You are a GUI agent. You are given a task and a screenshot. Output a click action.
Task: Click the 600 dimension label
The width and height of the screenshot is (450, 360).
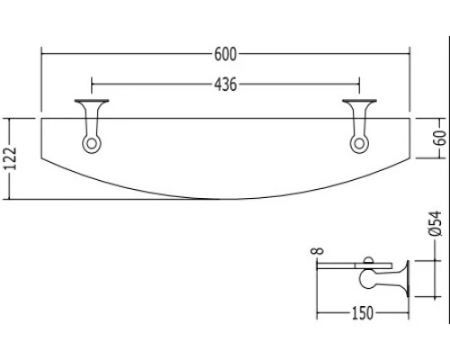pyautogui.click(x=225, y=54)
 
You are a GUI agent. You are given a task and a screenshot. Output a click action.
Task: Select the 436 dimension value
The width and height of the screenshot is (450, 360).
pyautogui.click(x=225, y=85)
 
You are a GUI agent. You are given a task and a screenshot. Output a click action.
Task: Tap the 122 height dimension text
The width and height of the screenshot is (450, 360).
pyautogui.click(x=12, y=159)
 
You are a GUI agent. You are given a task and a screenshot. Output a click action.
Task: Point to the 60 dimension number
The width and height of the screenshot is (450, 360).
pyautogui.click(x=440, y=138)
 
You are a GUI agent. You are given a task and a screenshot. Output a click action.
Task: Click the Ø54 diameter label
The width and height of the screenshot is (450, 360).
pyautogui.click(x=436, y=223)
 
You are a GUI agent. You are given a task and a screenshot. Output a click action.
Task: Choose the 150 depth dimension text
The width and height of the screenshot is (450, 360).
pyautogui.click(x=362, y=313)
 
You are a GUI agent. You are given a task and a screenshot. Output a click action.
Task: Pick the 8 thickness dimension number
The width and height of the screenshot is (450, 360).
pyautogui.click(x=319, y=250)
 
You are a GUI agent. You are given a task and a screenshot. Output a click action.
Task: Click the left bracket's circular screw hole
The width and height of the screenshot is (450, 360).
pyautogui.click(x=92, y=144)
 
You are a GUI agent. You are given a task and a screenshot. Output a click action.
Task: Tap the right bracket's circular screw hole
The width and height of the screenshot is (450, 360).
pyautogui.click(x=359, y=144)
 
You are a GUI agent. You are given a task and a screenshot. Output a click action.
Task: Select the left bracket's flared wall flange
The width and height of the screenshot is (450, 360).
pyautogui.click(x=92, y=102)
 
